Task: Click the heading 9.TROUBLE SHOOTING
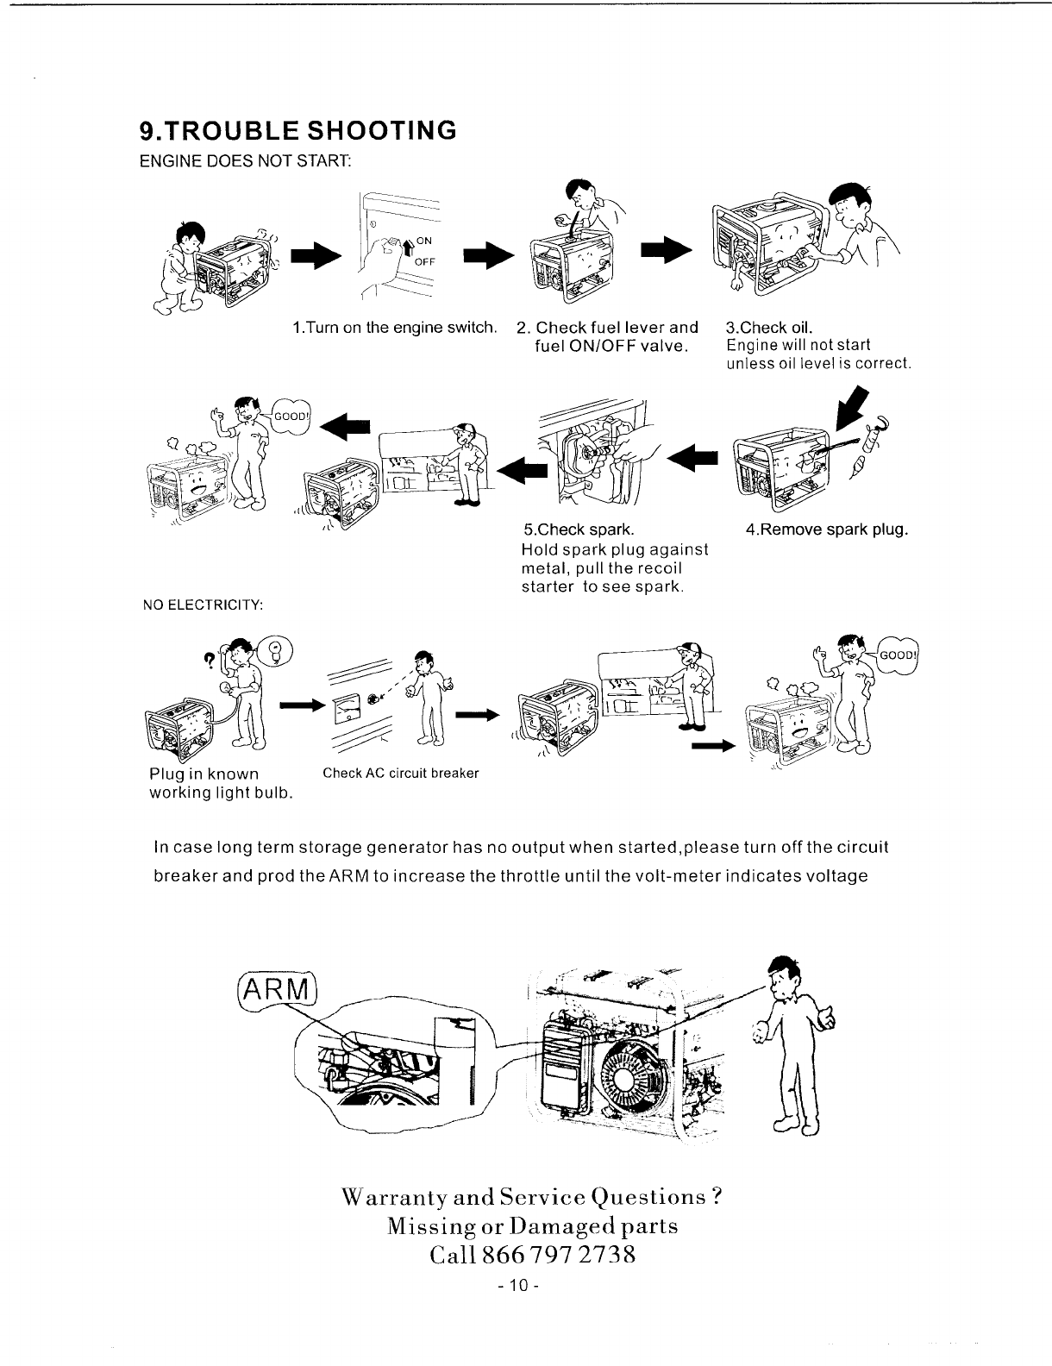[297, 130]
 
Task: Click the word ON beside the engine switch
[425, 241]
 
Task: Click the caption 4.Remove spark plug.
[827, 529]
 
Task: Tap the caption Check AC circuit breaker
[400, 773]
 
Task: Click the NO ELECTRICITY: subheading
[202, 603]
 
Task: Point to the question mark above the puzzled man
[208, 658]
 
